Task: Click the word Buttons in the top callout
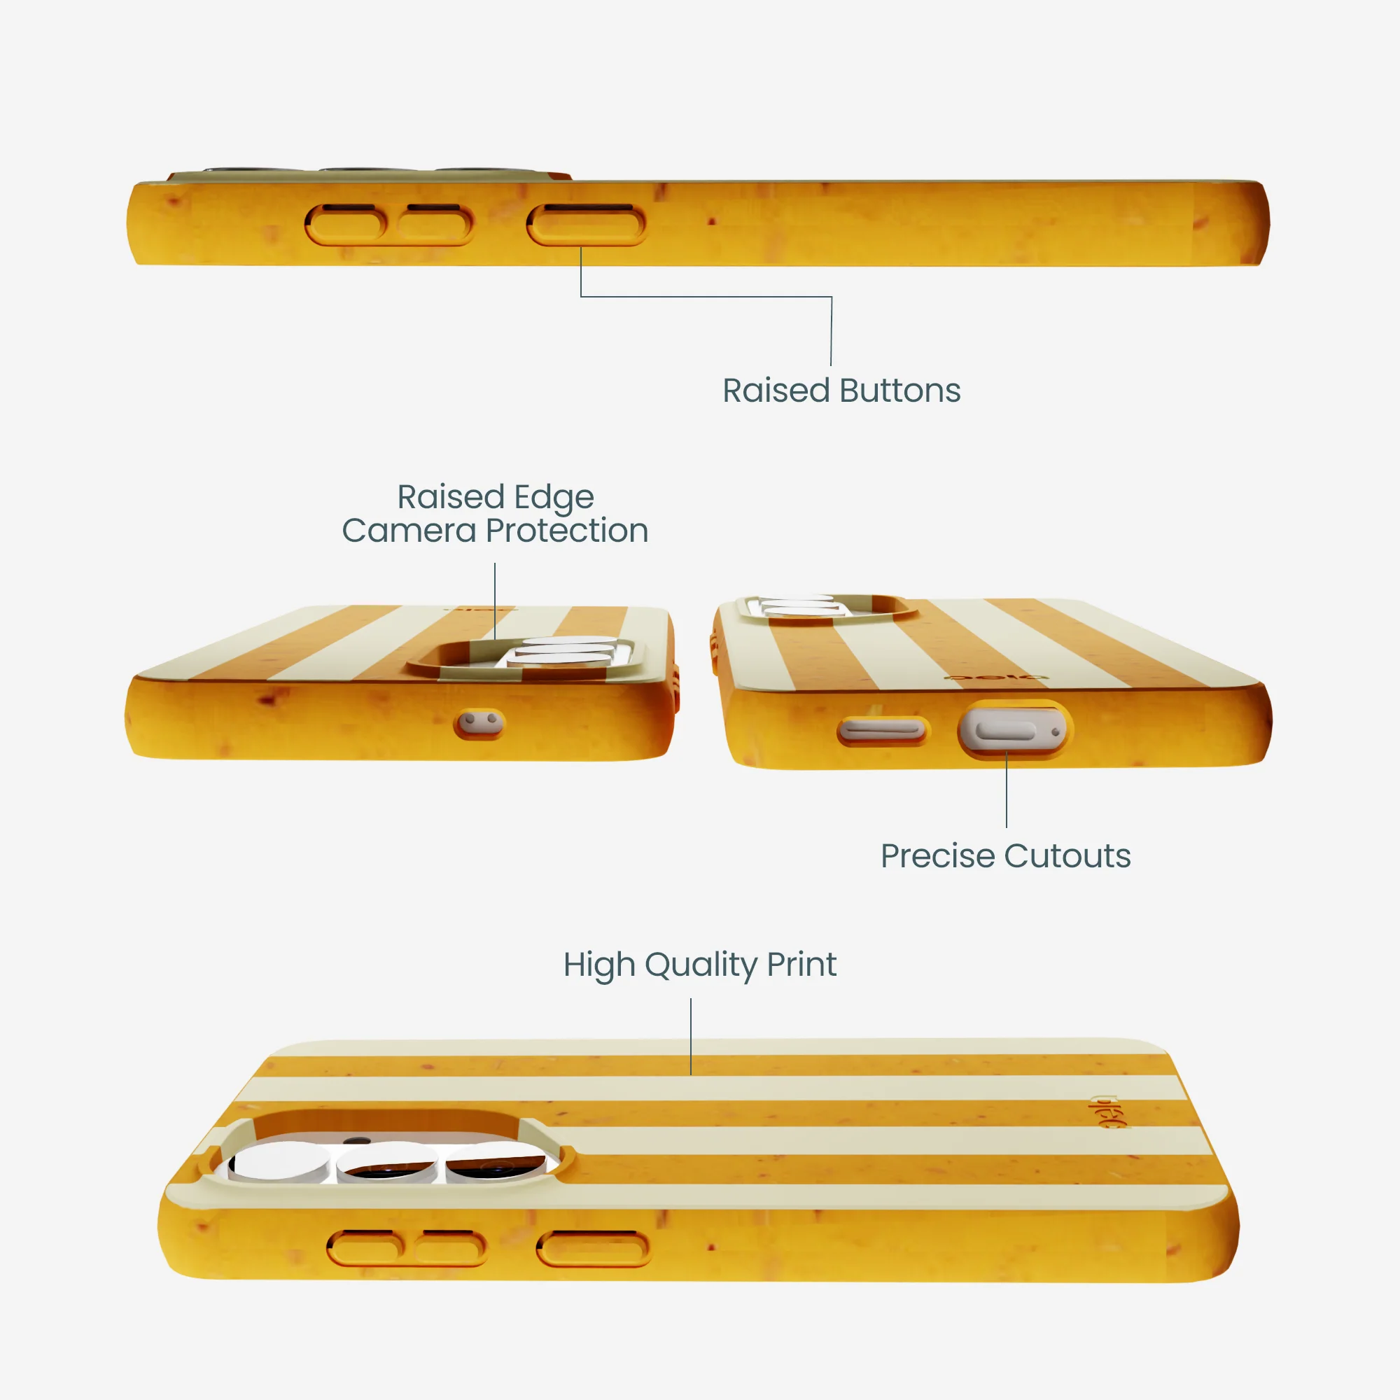[901, 391]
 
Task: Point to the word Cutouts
[1067, 856]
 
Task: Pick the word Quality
[700, 966]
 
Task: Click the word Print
[801, 965]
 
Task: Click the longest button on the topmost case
[586, 225]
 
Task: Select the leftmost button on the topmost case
[346, 225]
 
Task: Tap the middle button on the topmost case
[435, 225]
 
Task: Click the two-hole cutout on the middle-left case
[479, 722]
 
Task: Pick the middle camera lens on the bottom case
[388, 1161]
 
